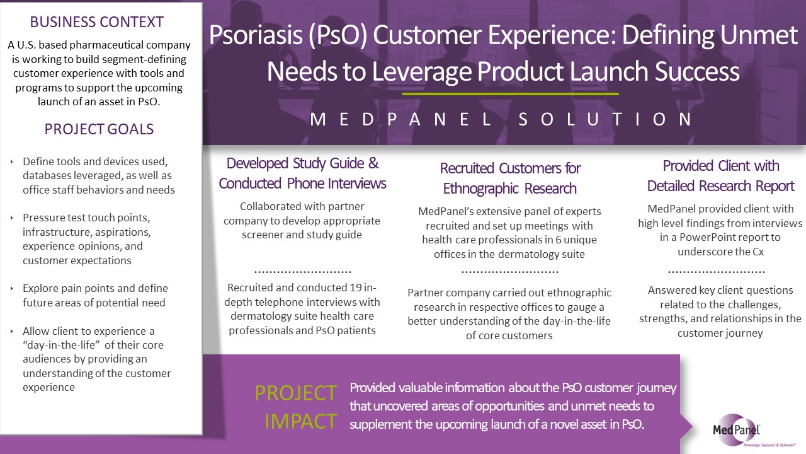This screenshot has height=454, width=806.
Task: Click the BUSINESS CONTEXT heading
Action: (x=97, y=22)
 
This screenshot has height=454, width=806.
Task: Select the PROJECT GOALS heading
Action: (x=99, y=129)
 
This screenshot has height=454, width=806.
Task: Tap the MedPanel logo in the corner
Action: (x=736, y=430)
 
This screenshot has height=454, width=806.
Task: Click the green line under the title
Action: (x=510, y=94)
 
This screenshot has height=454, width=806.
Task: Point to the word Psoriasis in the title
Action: (x=256, y=35)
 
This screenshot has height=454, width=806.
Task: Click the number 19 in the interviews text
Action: (x=355, y=288)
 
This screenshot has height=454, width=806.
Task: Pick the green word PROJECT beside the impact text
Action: (x=296, y=393)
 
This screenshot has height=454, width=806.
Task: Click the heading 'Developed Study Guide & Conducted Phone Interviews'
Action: (x=302, y=173)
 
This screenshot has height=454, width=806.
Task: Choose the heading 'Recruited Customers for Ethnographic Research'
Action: (x=510, y=178)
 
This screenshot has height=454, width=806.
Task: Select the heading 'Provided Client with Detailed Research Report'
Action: (x=721, y=176)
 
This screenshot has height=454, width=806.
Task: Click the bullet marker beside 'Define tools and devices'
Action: (x=12, y=162)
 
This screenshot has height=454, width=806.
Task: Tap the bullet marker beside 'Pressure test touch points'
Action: (x=12, y=218)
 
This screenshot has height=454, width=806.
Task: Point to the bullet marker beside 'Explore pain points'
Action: (x=12, y=289)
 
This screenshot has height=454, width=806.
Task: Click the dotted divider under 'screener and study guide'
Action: (x=303, y=272)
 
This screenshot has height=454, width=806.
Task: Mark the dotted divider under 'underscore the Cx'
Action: (x=717, y=272)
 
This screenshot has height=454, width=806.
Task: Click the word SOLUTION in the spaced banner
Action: (x=605, y=119)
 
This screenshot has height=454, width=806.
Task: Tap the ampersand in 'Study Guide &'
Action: (x=373, y=163)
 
